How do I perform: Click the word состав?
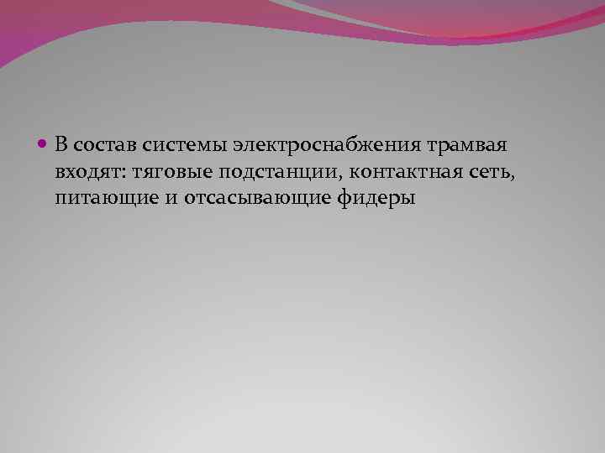click(101, 146)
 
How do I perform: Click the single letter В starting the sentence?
click(61, 146)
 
